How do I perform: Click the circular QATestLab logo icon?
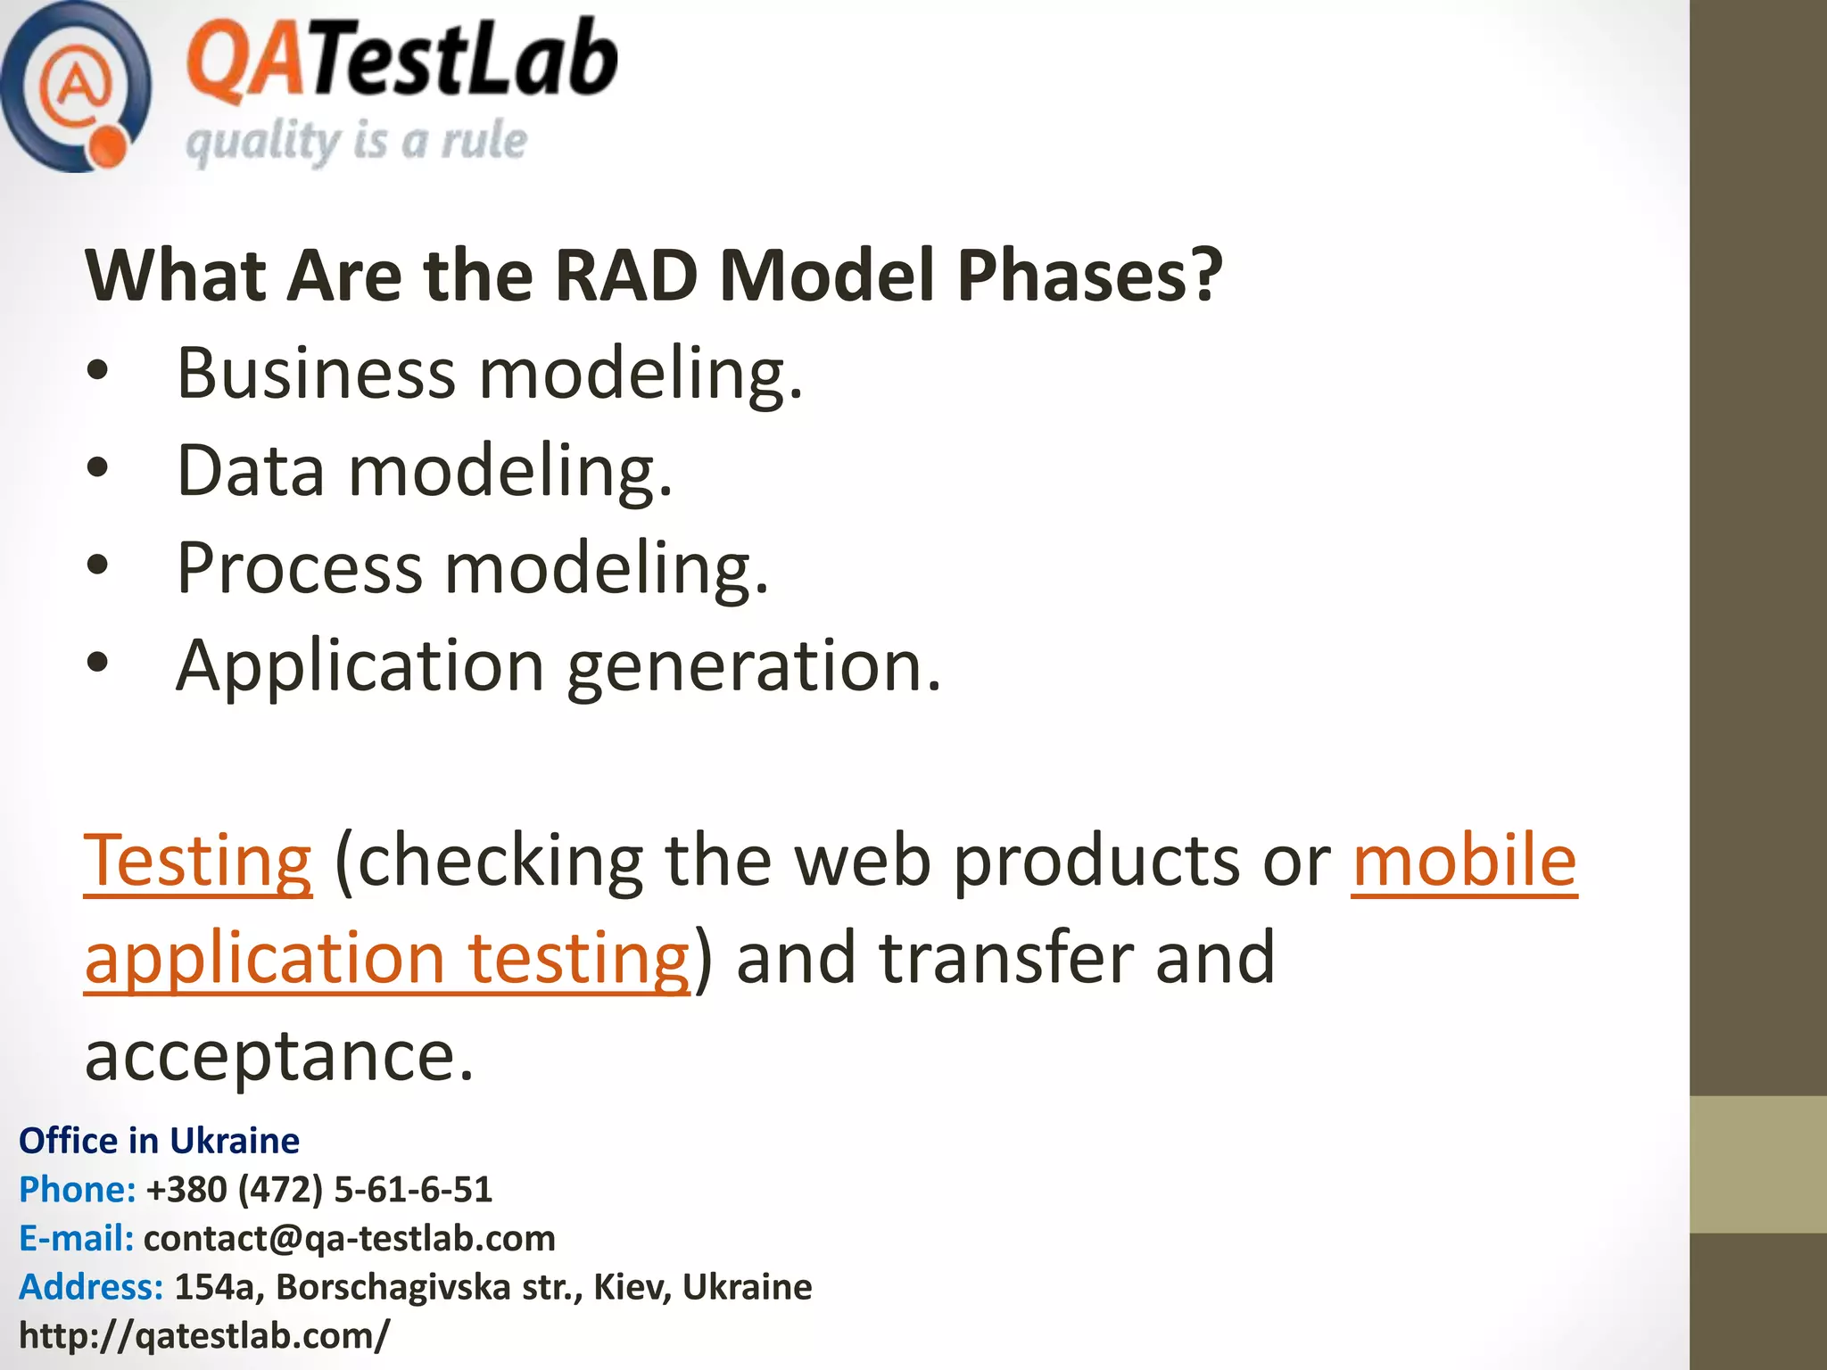76,87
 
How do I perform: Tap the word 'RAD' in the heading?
625,276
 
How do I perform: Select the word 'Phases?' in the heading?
1089,276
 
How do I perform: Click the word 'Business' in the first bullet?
316,373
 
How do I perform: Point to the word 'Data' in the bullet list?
250,471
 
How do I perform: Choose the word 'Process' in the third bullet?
299,569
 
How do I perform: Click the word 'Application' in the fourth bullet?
360,667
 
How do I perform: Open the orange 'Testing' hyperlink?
198,861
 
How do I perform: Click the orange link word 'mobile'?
1464,861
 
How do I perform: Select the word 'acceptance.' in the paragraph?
279,1056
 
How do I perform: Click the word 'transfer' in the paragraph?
1005,958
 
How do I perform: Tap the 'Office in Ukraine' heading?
159,1141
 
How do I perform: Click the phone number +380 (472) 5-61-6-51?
318,1190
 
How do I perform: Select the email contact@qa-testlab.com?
349,1238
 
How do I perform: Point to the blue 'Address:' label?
91,1287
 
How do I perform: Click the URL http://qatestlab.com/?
204,1336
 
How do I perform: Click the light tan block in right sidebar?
1757,1165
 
